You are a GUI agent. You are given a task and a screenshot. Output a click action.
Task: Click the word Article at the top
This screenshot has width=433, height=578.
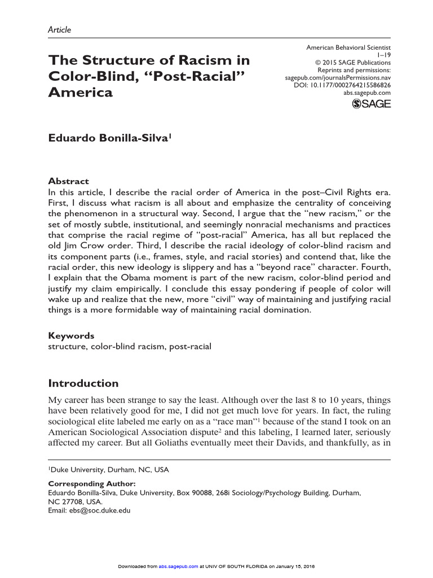tap(59, 30)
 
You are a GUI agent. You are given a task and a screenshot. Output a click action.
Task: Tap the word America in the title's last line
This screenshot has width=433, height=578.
tap(80, 92)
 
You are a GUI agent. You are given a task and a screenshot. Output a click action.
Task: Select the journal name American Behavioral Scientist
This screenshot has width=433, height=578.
tap(348, 49)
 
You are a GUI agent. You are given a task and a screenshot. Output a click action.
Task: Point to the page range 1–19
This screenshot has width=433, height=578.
tap(383, 56)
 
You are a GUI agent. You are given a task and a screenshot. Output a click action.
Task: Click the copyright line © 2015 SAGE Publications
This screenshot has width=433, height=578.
tap(351, 63)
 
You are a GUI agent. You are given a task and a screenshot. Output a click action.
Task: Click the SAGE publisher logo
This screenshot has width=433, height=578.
tap(371, 103)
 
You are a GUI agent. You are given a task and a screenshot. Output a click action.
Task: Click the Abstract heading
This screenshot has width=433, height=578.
tap(68, 181)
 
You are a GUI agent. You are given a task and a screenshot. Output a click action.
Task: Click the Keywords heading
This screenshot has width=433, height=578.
tap(71, 335)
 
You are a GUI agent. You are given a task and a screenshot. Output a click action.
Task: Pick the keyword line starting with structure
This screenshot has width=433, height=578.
tap(130, 346)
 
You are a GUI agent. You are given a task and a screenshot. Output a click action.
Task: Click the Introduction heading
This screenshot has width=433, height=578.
tap(83, 383)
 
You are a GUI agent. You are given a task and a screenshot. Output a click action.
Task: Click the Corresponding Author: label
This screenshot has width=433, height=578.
tap(92, 484)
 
